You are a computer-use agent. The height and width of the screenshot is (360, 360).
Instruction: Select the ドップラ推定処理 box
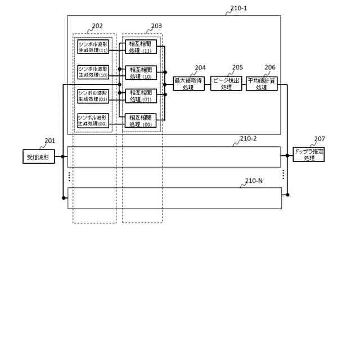click(309, 154)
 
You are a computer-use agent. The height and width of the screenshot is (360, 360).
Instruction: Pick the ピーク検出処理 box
click(226, 84)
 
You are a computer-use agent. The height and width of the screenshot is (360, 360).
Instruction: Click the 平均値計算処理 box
click(262, 84)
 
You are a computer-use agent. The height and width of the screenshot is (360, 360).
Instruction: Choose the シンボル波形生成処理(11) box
click(93, 47)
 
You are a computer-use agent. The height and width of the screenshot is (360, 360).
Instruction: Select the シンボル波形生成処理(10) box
click(93, 71)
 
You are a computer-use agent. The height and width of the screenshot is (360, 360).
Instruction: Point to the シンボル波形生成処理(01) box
click(93, 96)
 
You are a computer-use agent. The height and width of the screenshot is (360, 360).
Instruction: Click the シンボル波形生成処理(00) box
click(93, 120)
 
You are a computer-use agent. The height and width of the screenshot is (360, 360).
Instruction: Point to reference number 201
click(50, 141)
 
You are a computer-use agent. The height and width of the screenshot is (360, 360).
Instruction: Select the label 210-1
click(238, 9)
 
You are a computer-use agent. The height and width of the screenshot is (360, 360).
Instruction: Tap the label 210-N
click(254, 181)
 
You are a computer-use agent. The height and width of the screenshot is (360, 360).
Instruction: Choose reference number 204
click(200, 68)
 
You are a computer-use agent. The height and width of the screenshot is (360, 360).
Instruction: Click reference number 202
click(97, 26)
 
